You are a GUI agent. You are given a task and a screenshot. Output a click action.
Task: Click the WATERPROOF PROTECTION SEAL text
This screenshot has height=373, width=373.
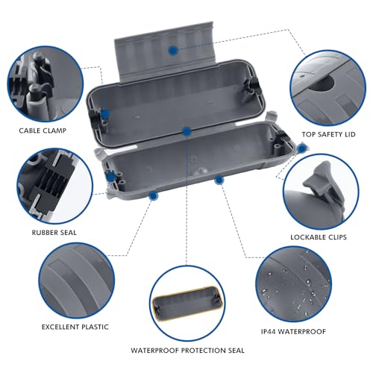coord(186,350)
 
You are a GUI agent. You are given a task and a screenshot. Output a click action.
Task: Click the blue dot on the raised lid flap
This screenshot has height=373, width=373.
coord(172,49)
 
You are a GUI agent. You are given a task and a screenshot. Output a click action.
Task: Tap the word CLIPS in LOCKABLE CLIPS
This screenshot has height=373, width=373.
coord(347,237)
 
